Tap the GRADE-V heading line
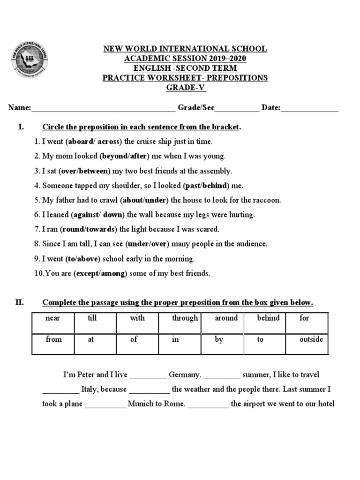click(x=185, y=88)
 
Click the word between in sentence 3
click(x=93, y=171)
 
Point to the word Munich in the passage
click(x=140, y=404)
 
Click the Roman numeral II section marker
click(x=19, y=302)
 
